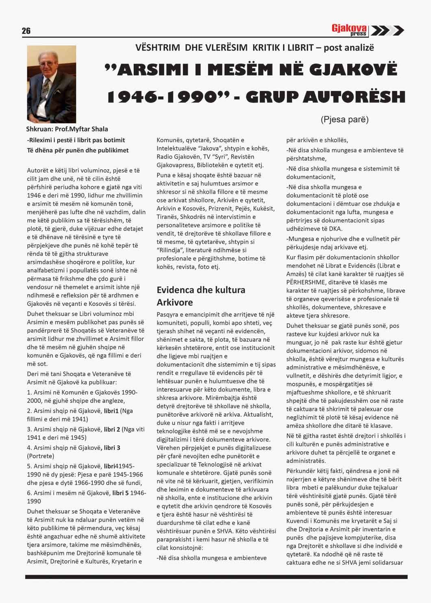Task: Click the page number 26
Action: [26, 31]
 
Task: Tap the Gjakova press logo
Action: [349, 30]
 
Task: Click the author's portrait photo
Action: [52, 84]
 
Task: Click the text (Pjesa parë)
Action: [344, 120]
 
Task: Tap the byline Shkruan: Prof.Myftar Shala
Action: [67, 129]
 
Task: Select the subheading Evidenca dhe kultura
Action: [201, 290]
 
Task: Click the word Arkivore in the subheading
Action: [174, 303]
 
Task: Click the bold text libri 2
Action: [112, 429]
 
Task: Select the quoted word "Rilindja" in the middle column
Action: [170, 250]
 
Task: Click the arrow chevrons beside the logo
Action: [387, 31]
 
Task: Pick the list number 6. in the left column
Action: [29, 493]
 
